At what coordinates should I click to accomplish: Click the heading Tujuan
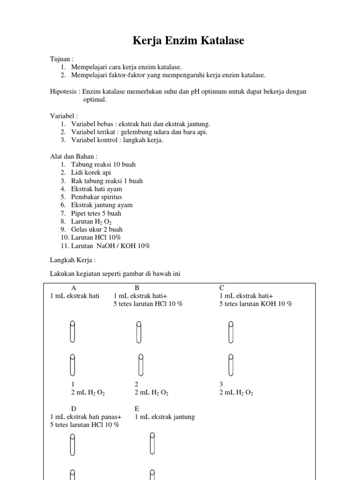[x=61, y=59]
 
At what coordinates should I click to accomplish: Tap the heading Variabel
[x=64, y=116]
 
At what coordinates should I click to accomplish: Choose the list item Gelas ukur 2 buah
[x=97, y=229]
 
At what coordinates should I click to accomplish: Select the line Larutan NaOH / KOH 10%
[x=110, y=246]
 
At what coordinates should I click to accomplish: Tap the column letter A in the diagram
[x=74, y=287]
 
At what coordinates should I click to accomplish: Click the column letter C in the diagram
[x=222, y=287]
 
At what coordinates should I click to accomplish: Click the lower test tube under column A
[x=73, y=364]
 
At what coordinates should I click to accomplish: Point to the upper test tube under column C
[x=231, y=333]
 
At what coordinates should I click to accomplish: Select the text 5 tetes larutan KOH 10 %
[x=255, y=304]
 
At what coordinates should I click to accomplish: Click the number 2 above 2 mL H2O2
[x=136, y=384]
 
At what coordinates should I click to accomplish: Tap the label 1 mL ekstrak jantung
[x=165, y=417]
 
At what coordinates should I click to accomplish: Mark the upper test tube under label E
[x=152, y=443]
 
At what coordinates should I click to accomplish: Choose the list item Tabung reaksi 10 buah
[x=103, y=165]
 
